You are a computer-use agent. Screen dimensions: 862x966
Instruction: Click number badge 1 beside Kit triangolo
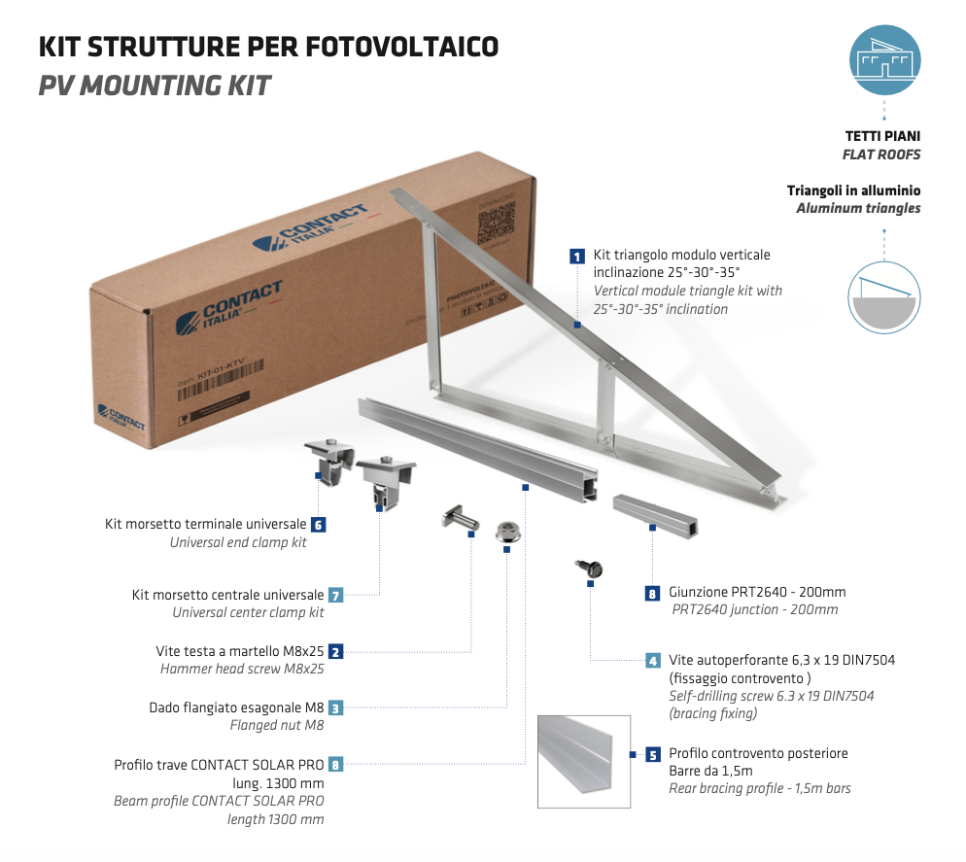click(x=577, y=257)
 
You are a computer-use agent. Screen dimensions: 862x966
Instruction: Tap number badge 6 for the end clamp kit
click(x=318, y=525)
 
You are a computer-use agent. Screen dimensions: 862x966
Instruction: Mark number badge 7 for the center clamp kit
click(x=335, y=595)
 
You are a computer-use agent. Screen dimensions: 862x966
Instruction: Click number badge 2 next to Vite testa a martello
click(x=335, y=652)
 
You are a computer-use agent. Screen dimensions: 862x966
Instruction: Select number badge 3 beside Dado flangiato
click(x=335, y=708)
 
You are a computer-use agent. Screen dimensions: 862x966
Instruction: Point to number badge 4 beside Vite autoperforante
click(x=653, y=661)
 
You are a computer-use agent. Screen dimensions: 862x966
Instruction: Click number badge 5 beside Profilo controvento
click(x=653, y=754)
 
